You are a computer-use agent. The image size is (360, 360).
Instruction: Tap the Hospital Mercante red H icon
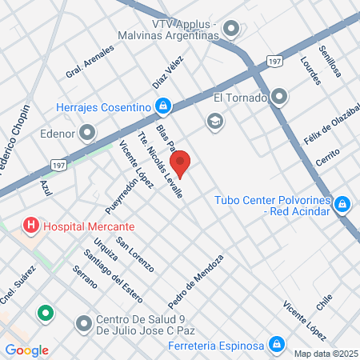click(31, 226)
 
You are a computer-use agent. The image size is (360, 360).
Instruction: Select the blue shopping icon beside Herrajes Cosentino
click(162, 106)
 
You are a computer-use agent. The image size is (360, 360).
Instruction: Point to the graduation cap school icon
click(214, 121)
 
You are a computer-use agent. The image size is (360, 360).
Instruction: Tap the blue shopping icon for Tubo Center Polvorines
click(342, 205)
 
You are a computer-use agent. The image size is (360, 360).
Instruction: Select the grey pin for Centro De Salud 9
click(84, 324)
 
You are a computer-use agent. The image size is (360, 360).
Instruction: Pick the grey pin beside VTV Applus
click(232, 30)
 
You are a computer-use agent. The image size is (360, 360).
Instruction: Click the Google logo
click(26, 350)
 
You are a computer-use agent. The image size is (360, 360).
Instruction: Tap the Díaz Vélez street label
click(168, 72)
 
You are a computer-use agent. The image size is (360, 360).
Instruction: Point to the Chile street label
click(324, 302)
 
